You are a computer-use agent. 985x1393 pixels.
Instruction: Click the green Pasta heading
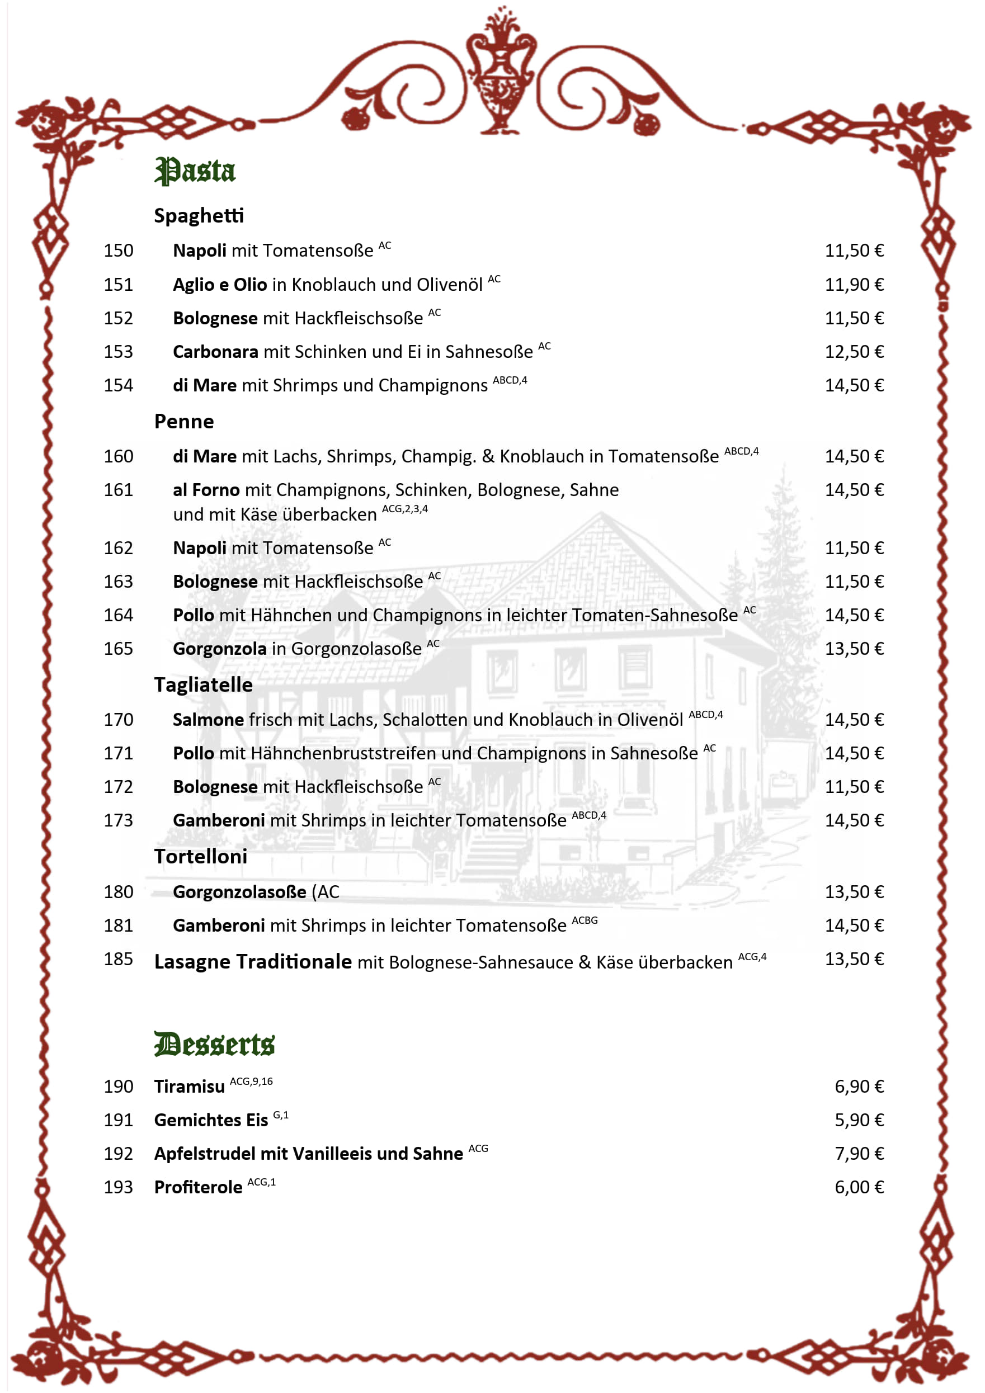195,171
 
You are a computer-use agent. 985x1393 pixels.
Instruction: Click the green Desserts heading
214,1044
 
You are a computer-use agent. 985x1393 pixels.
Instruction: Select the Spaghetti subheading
199,216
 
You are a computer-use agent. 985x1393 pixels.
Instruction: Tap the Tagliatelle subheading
203,685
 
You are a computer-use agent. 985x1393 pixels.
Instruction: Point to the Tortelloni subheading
201,857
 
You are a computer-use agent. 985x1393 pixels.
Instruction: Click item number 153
119,352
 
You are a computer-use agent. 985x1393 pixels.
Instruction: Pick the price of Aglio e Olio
854,285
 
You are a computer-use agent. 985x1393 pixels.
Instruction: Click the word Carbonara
215,352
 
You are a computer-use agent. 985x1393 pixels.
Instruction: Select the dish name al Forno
206,490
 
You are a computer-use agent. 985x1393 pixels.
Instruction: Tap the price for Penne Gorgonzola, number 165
854,649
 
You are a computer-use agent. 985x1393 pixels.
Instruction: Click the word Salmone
208,720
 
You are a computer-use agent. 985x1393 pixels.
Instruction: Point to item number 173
119,821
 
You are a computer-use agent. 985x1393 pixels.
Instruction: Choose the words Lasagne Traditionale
253,962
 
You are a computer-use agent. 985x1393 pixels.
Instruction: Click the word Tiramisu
190,1087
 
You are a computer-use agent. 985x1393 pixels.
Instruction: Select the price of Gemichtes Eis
859,1120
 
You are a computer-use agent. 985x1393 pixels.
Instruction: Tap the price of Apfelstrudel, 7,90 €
859,1153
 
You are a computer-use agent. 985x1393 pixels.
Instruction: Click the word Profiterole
199,1187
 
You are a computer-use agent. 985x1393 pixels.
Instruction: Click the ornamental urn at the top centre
501,70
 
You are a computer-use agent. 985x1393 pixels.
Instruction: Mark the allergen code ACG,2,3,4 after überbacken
405,509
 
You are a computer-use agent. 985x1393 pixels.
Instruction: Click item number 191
119,1120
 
